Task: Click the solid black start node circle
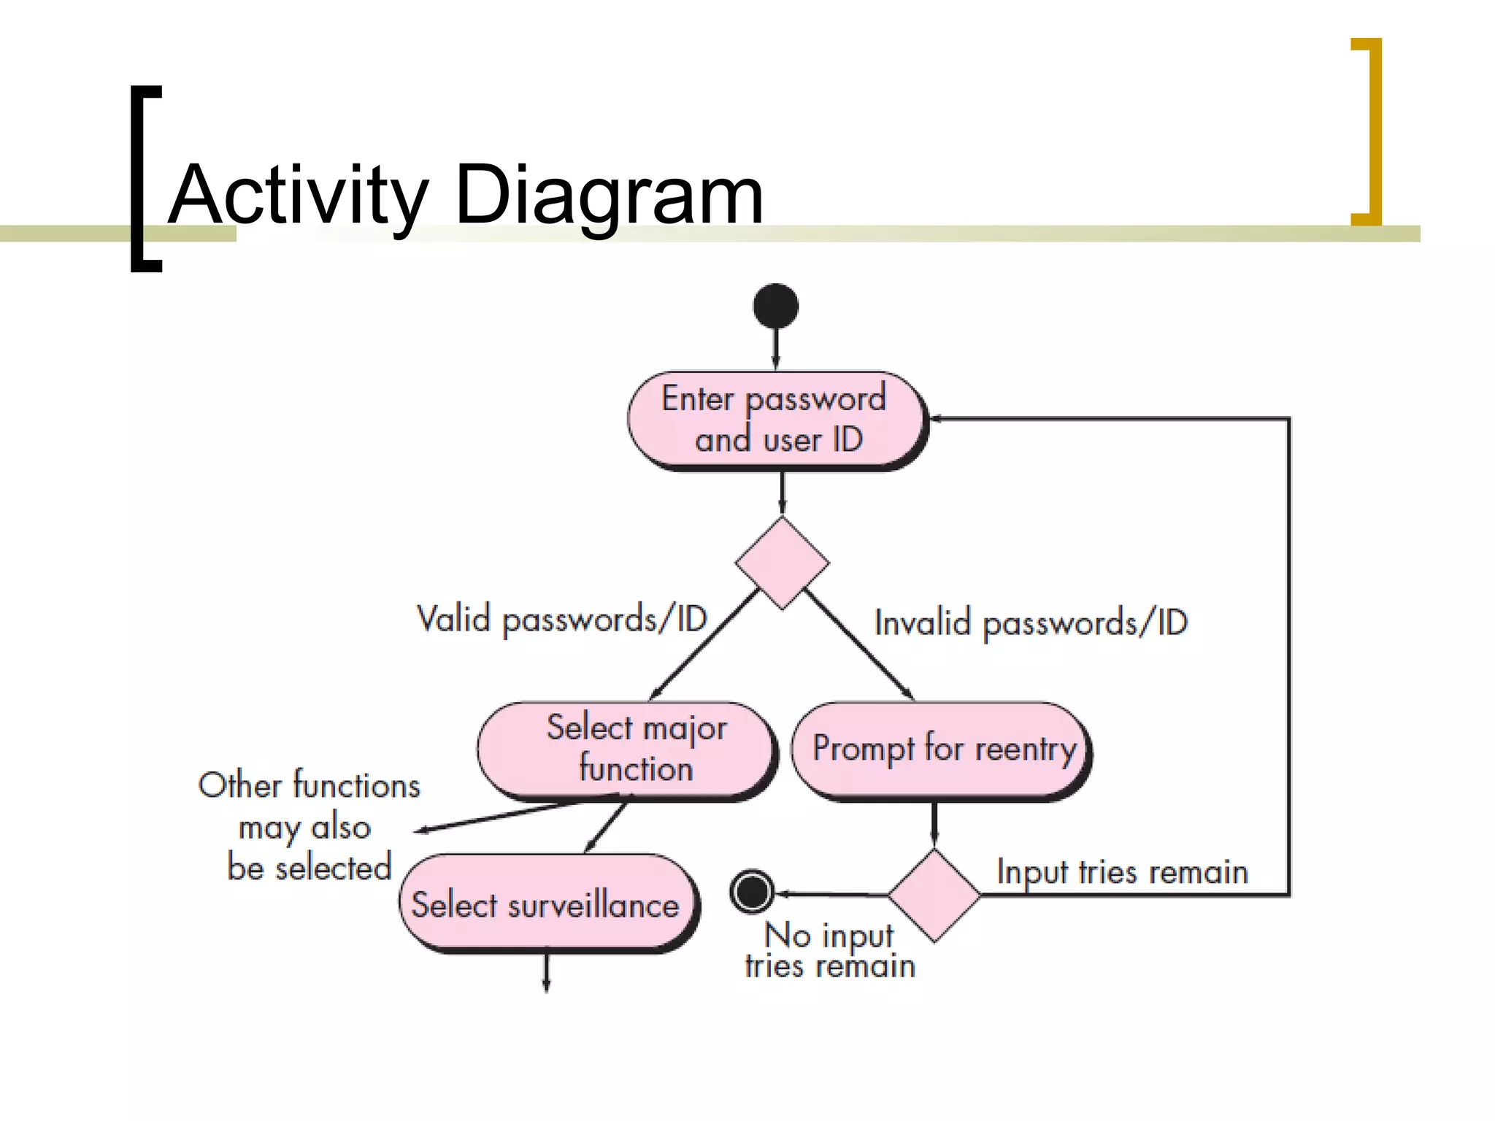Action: pyautogui.click(x=775, y=306)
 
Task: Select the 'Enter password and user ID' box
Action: pyautogui.click(x=777, y=420)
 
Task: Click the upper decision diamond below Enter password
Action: pyautogui.click(x=782, y=563)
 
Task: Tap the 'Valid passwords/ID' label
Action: pyautogui.click(x=561, y=620)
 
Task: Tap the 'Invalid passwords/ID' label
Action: pyautogui.click(x=1031, y=623)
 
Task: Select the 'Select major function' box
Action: pyautogui.click(x=626, y=750)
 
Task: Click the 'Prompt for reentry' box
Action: pyautogui.click(x=942, y=750)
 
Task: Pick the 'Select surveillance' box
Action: pyautogui.click(x=547, y=904)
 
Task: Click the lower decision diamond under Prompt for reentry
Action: pyautogui.click(x=934, y=895)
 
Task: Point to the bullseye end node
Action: pyautogui.click(x=751, y=891)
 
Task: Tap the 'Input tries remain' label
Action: pyautogui.click(x=1122, y=872)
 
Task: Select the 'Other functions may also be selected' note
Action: pyautogui.click(x=309, y=826)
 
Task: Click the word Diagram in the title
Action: pyautogui.click(x=610, y=196)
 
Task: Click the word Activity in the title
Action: pyautogui.click(x=299, y=196)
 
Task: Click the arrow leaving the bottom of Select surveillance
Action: pyautogui.click(x=546, y=972)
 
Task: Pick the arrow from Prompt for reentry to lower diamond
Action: pyautogui.click(x=934, y=825)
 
